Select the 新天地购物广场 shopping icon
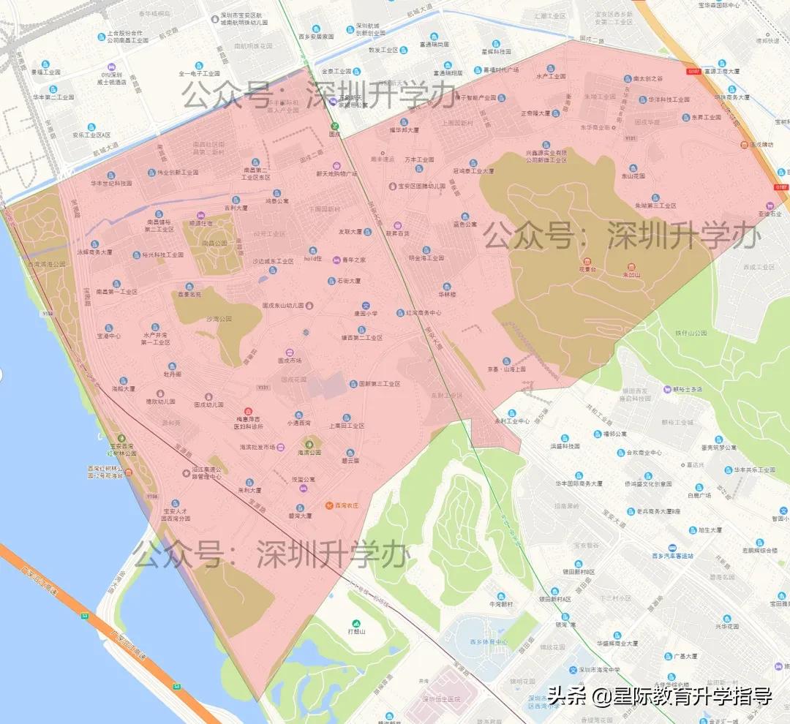point(337,165)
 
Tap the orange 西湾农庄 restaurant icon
point(329,505)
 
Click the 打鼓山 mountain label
point(357,630)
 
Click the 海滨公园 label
point(309,453)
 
